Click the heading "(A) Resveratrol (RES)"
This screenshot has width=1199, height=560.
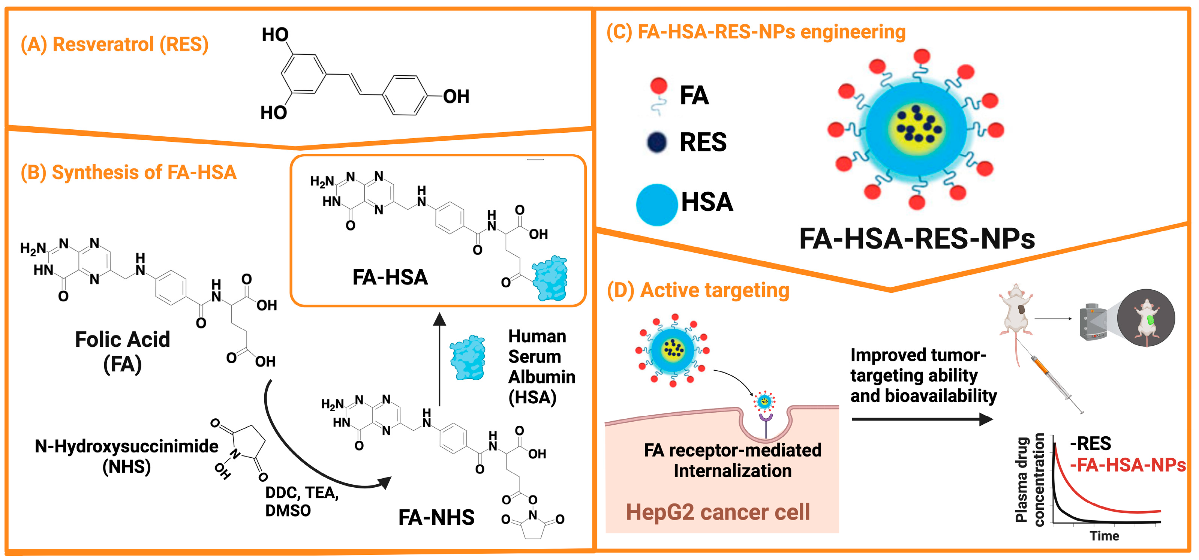pos(114,44)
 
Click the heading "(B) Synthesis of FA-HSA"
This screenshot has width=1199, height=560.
pos(129,172)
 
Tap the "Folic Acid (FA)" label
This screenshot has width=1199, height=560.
pos(123,352)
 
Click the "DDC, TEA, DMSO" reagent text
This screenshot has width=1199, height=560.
pos(301,502)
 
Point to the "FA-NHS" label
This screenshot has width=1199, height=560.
pos(436,517)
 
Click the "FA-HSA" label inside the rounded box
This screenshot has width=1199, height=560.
pos(390,277)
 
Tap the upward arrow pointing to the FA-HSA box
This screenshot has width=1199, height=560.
pos(439,358)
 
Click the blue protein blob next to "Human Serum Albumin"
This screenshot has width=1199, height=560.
pos(468,358)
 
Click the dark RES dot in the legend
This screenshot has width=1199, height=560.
pos(657,142)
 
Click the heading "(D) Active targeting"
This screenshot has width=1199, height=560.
pos(698,290)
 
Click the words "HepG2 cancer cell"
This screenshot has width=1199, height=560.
pos(718,512)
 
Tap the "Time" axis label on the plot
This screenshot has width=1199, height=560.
pos(1104,536)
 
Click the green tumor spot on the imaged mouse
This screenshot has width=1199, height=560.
pos(1150,320)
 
